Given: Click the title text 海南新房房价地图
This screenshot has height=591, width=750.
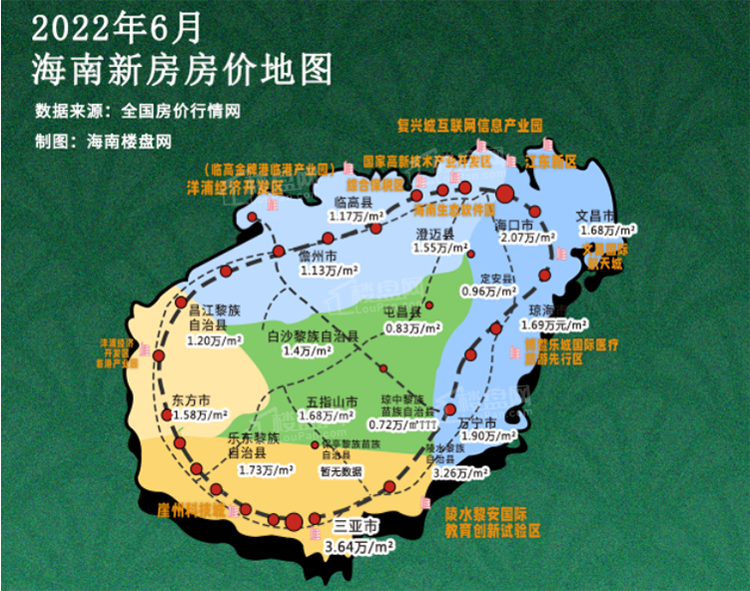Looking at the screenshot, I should point(181,70).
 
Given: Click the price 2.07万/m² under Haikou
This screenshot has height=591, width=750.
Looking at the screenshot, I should point(525,239).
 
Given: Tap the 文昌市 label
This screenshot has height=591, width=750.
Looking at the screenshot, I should point(597,215).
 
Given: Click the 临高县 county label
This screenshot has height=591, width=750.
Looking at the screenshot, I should point(354,200).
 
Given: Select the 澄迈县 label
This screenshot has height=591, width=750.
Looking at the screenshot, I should point(434,233).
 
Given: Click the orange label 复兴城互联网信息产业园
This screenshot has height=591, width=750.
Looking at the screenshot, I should point(469,127).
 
